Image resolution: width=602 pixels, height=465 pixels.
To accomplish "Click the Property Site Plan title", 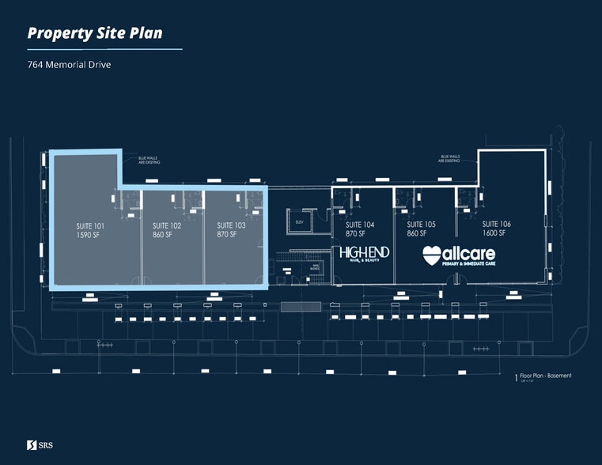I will [x=95, y=32].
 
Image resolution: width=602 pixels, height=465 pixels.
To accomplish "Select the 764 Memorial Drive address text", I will [x=69, y=64].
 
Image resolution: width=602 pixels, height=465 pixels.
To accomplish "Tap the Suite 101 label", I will [x=89, y=225].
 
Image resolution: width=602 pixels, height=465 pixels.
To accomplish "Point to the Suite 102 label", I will [x=166, y=225].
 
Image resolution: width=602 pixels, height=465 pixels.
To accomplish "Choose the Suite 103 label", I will [x=231, y=225].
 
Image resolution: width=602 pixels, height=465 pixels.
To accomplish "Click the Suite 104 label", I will [x=359, y=225].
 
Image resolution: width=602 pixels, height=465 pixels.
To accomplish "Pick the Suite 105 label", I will [x=421, y=225].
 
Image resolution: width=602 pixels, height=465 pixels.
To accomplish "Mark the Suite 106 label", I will [x=496, y=225].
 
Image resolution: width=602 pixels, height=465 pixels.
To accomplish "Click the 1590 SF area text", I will [x=88, y=235].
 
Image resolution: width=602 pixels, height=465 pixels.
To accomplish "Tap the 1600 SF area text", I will [x=494, y=235].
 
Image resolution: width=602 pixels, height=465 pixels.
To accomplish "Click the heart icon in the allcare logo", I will [x=432, y=255].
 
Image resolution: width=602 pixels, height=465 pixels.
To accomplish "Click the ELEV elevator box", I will [x=300, y=222].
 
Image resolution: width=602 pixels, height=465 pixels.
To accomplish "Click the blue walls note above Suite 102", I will [x=149, y=161].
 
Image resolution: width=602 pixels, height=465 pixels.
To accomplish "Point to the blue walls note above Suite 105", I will [x=451, y=159].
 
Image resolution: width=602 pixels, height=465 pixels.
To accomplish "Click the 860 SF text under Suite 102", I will [x=162, y=235].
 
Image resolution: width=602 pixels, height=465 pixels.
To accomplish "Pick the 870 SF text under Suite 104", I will [x=355, y=235].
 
